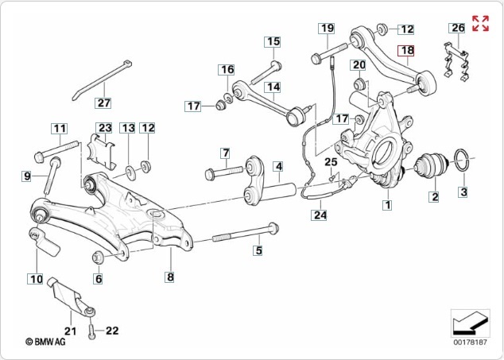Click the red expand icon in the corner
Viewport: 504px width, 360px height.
[480, 23]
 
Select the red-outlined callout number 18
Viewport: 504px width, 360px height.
[407, 51]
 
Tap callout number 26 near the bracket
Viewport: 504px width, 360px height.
[457, 28]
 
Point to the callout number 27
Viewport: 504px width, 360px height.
[104, 103]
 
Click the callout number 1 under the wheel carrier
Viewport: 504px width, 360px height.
[387, 205]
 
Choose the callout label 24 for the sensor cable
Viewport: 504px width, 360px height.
[319, 214]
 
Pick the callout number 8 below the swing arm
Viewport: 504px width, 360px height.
[169, 277]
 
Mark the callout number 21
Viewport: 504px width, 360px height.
[69, 331]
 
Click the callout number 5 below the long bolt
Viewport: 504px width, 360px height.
[258, 251]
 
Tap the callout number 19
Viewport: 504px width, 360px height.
[327, 29]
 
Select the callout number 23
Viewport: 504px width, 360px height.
[105, 128]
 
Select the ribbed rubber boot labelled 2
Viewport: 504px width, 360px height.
[432, 166]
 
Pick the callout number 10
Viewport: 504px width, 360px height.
[36, 278]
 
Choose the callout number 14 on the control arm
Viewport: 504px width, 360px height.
[273, 87]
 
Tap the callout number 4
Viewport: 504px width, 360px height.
[278, 167]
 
